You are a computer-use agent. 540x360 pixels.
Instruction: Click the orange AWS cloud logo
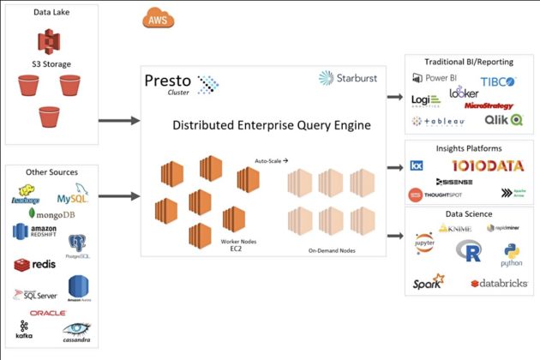[157, 19]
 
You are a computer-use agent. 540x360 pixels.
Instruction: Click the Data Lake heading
[51, 14]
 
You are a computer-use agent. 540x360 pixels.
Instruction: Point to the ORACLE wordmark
[47, 312]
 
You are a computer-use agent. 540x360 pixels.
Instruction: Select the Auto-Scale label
[271, 160]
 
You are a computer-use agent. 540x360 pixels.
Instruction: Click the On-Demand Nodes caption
[331, 250]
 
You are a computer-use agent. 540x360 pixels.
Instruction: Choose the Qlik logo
[503, 120]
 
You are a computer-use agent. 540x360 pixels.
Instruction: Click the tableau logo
[439, 122]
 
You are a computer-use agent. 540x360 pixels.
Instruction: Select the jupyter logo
[423, 241]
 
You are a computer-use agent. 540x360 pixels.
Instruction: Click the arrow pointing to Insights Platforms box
[394, 169]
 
